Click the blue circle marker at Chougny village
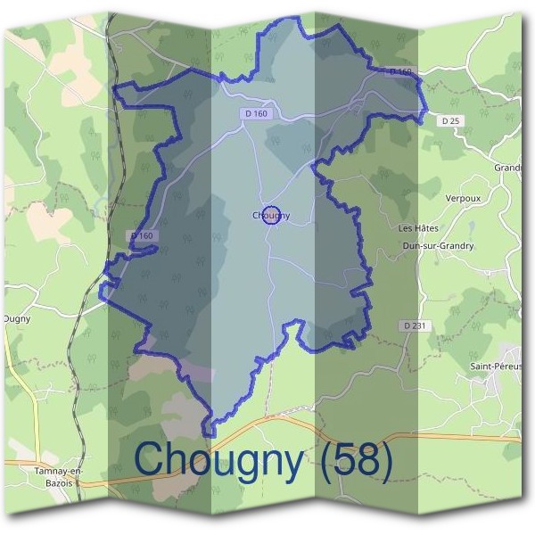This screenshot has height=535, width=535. tap(273, 215)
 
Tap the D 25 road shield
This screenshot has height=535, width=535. tap(451, 119)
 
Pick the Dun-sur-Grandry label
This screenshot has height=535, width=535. tap(438, 245)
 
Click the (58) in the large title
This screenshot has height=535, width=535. tap(355, 459)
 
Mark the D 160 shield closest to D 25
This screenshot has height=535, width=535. tap(400, 71)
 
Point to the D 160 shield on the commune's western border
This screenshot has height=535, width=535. tap(142, 235)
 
